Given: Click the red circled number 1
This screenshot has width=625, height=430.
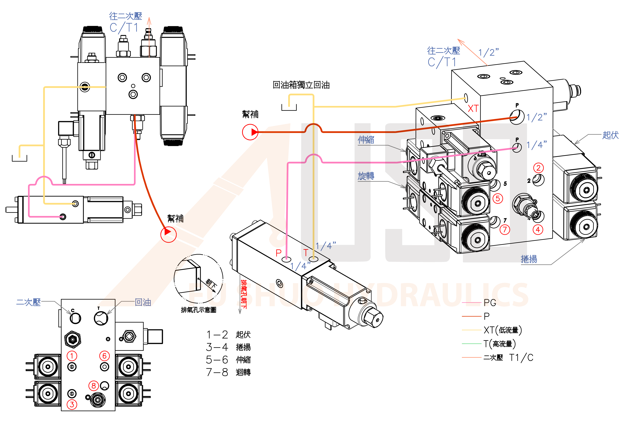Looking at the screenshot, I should point(72,356).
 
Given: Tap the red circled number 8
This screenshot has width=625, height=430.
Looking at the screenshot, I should point(93,386).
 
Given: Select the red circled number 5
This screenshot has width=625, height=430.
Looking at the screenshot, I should point(498,199).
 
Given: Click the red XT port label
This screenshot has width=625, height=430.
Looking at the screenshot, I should point(473,109).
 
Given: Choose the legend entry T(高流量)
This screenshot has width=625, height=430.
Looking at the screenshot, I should point(499,344).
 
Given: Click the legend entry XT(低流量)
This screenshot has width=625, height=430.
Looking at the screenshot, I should point(502,330).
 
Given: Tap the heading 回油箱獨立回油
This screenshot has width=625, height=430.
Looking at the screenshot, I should point(301,85).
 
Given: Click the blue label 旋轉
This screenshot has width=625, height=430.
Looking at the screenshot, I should point(366,176).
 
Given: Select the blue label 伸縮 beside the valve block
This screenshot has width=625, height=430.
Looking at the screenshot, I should point(366,140).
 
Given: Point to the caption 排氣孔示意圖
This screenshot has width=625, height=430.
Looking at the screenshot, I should point(198,310).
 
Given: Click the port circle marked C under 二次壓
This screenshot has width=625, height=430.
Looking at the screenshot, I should point(75,318).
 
